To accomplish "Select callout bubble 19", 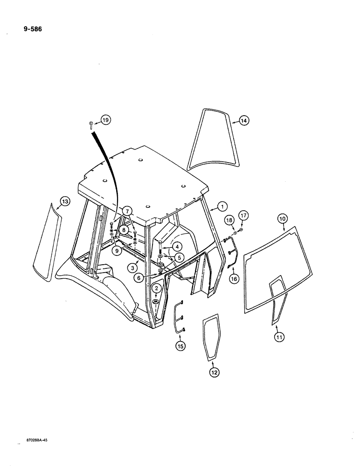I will (x=105, y=121).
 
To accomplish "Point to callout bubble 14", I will (x=244, y=121).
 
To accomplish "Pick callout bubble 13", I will (x=64, y=201).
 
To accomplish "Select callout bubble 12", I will (x=214, y=372).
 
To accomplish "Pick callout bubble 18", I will (x=229, y=219).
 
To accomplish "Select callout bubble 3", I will (x=133, y=268).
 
